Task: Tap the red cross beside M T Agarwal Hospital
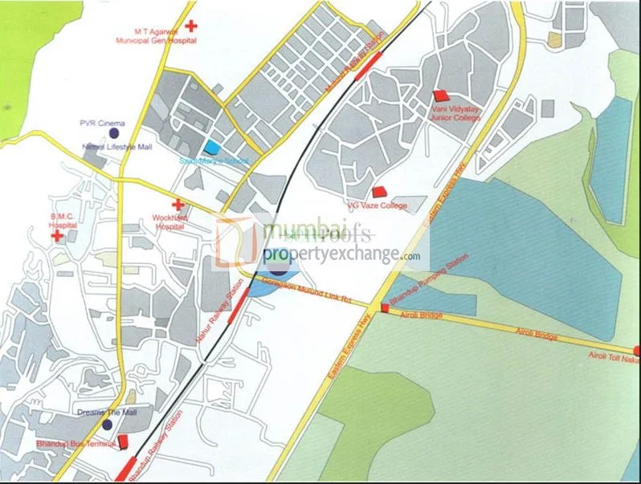coord(190,25)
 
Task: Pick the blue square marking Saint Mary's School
coord(212,147)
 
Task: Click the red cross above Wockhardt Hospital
coord(177,205)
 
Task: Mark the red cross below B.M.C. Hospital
coord(56,238)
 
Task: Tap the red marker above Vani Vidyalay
coord(439,96)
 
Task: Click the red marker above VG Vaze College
coord(379,192)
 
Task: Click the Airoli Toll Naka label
coord(609,359)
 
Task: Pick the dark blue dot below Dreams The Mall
coord(107,424)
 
